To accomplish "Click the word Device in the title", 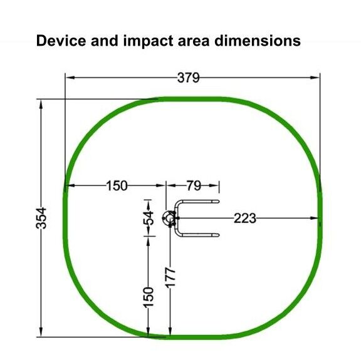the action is click(61, 41).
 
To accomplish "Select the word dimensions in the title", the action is click(258, 41).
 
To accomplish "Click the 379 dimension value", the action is click(188, 78).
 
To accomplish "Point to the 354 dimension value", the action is click(41, 218).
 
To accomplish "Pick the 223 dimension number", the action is click(244, 218).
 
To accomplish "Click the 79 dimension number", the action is click(194, 186).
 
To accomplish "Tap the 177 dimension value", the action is click(170, 277).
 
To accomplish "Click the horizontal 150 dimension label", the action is click(117, 186).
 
